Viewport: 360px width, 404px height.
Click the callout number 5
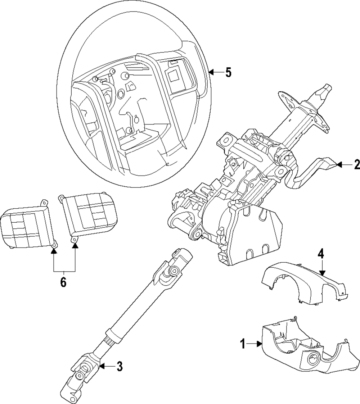pos(228,73)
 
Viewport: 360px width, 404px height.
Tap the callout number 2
pos(357,164)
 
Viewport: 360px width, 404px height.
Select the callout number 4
pos(320,255)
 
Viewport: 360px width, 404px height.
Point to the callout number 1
pos(242,344)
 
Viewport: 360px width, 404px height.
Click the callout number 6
pos(63,282)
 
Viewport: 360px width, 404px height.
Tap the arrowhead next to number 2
pos(340,164)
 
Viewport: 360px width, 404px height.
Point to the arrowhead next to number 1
pos(260,344)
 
